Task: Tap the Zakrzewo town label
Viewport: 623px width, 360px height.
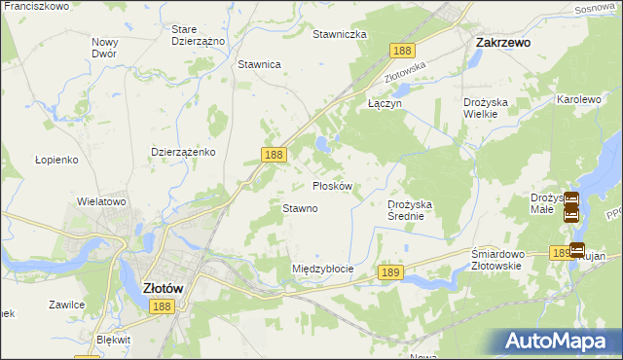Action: (501, 43)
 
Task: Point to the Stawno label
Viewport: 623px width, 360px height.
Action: (300, 208)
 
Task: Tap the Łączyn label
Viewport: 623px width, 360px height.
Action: (385, 101)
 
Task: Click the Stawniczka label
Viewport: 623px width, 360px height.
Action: (339, 34)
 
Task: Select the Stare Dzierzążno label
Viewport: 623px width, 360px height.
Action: (198, 36)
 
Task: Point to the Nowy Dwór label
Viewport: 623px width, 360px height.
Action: (104, 48)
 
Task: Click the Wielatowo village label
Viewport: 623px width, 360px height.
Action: (102, 201)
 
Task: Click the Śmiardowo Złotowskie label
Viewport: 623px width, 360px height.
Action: (497, 260)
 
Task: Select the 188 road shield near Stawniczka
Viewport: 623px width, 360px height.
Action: (401, 50)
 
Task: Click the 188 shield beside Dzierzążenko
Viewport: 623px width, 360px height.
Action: (275, 154)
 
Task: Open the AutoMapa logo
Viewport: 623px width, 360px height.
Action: (559, 341)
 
